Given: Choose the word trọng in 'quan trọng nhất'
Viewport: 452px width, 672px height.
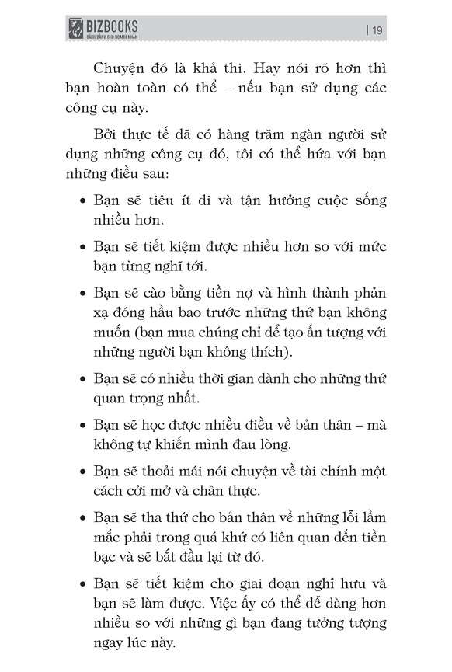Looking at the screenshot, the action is [x=148, y=400].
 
